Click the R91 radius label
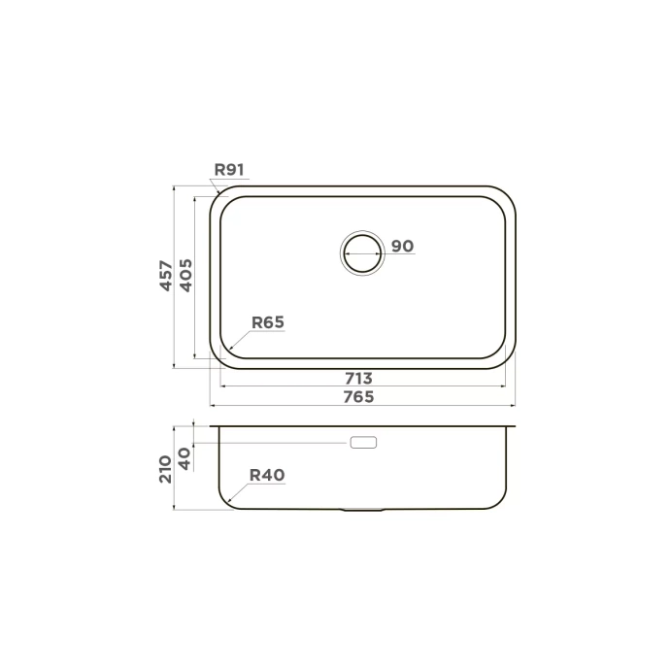tap(229, 170)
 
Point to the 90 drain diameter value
tap(402, 247)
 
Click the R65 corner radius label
tap(267, 322)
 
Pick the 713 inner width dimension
tap(359, 378)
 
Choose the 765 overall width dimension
tap(359, 396)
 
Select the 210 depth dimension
tap(166, 469)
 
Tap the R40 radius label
tap(266, 475)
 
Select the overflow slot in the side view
tap(362, 443)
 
